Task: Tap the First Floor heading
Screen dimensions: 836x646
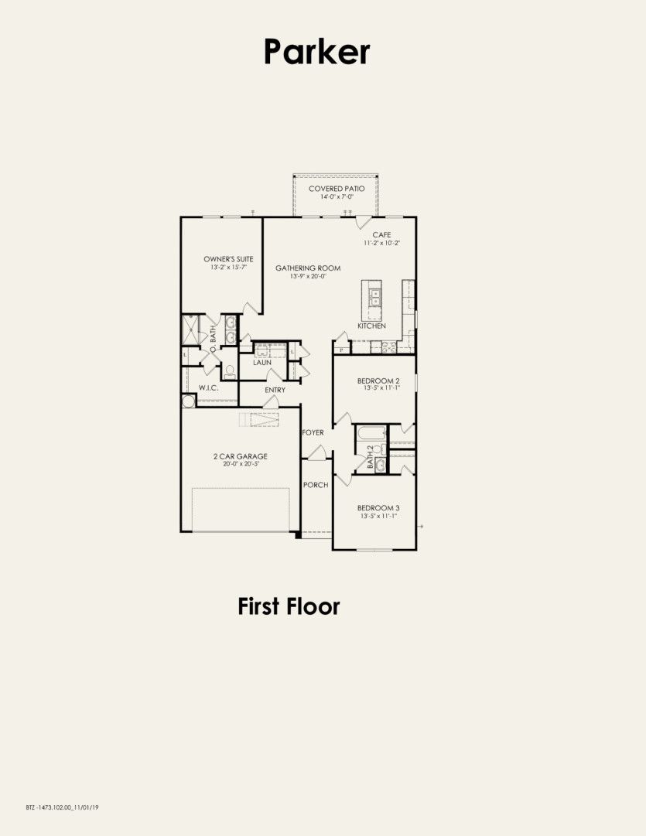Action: click(x=289, y=606)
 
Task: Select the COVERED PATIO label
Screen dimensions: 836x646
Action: click(x=337, y=189)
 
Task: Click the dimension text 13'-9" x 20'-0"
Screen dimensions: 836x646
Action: click(x=308, y=276)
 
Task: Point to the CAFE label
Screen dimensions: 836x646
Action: click(x=381, y=234)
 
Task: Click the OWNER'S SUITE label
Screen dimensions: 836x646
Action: click(x=228, y=259)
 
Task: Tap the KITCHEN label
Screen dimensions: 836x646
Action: click(x=371, y=326)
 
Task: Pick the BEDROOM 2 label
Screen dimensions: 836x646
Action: click(x=378, y=380)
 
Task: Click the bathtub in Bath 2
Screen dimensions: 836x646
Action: click(x=370, y=433)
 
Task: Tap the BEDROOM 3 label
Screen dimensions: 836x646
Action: click(x=378, y=508)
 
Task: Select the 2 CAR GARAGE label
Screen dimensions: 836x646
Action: click(x=240, y=456)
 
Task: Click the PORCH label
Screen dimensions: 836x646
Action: click(x=316, y=485)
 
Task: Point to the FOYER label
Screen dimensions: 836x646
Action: click(x=313, y=432)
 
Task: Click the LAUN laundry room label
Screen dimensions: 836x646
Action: click(x=261, y=361)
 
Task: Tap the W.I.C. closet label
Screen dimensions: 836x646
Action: click(x=208, y=387)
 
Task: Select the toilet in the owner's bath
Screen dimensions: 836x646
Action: click(x=229, y=371)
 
